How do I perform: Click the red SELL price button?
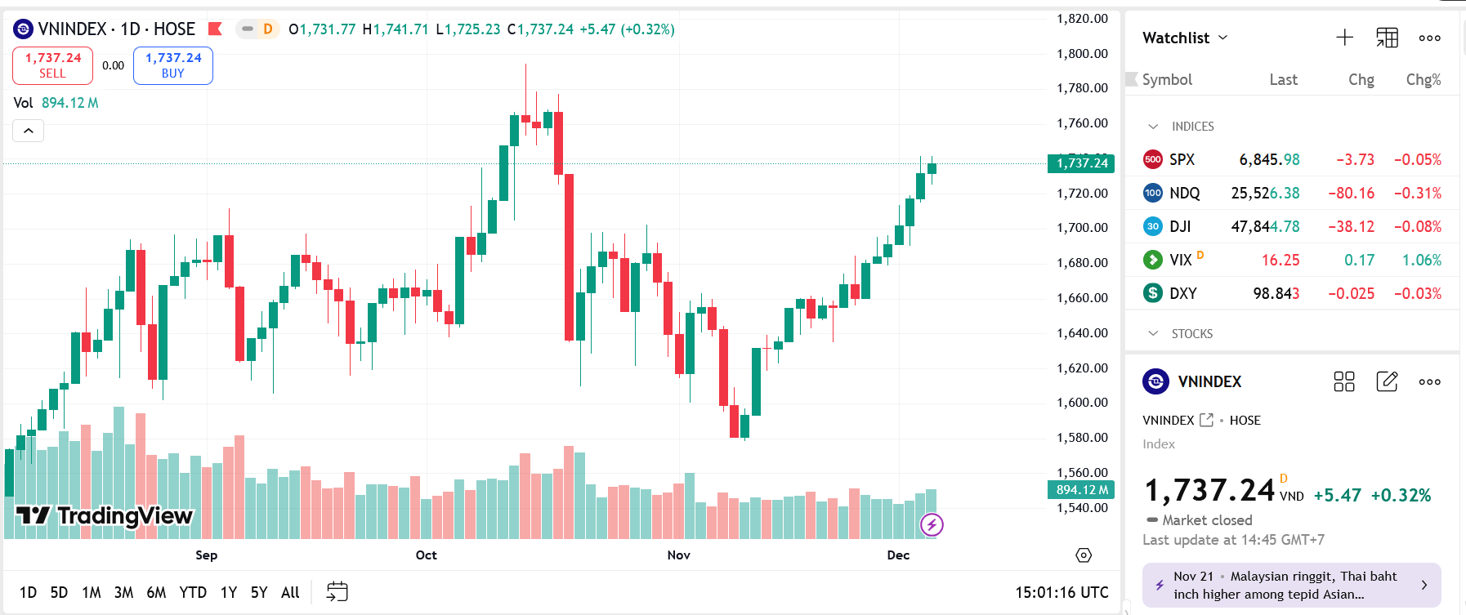(x=52, y=65)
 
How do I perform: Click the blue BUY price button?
(x=172, y=65)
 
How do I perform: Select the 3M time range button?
(x=123, y=592)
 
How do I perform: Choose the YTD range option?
(x=193, y=592)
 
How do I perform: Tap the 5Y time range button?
(x=259, y=592)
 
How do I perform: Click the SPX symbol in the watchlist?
(x=1182, y=160)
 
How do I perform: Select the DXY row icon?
(x=1152, y=293)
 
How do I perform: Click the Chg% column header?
(x=1423, y=80)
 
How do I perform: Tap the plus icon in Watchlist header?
(x=1344, y=38)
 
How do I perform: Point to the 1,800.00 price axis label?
(x=1082, y=54)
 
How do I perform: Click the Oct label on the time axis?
(x=426, y=555)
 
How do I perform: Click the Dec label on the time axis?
(x=898, y=555)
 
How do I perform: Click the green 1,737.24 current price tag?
(x=1081, y=163)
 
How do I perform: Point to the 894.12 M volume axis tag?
(x=1081, y=490)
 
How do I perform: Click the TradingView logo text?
(x=125, y=516)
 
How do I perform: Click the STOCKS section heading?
(x=1191, y=334)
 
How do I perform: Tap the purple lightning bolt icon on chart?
(x=932, y=524)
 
